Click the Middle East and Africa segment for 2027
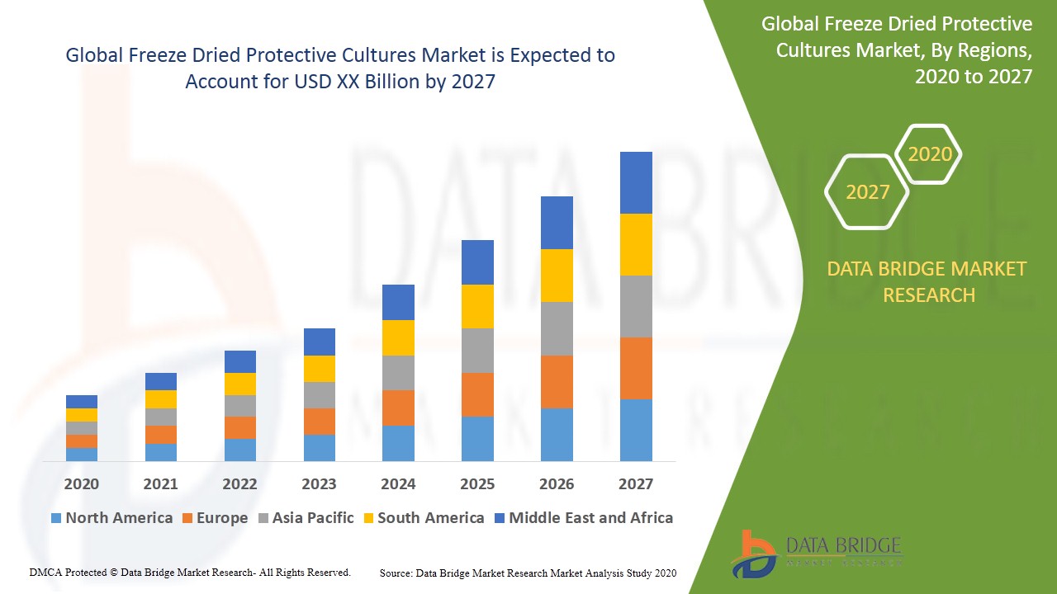[x=636, y=182]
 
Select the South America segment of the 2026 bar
[x=557, y=276]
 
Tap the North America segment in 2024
[x=398, y=443]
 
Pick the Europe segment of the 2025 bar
[x=477, y=394]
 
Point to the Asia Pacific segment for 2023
[x=320, y=395]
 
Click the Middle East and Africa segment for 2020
[x=82, y=402]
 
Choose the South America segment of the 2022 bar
[x=240, y=384]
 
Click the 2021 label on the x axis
[x=160, y=484]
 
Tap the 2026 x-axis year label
[x=557, y=484]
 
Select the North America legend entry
[x=111, y=518]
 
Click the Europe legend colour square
[x=187, y=518]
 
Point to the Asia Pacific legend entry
[x=305, y=518]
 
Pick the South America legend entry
[x=422, y=518]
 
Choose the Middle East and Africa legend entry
[x=583, y=518]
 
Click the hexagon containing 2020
[x=929, y=154]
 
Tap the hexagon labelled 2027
[x=867, y=192]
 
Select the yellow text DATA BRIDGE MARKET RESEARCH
[x=928, y=281]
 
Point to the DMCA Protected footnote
[x=190, y=572]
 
